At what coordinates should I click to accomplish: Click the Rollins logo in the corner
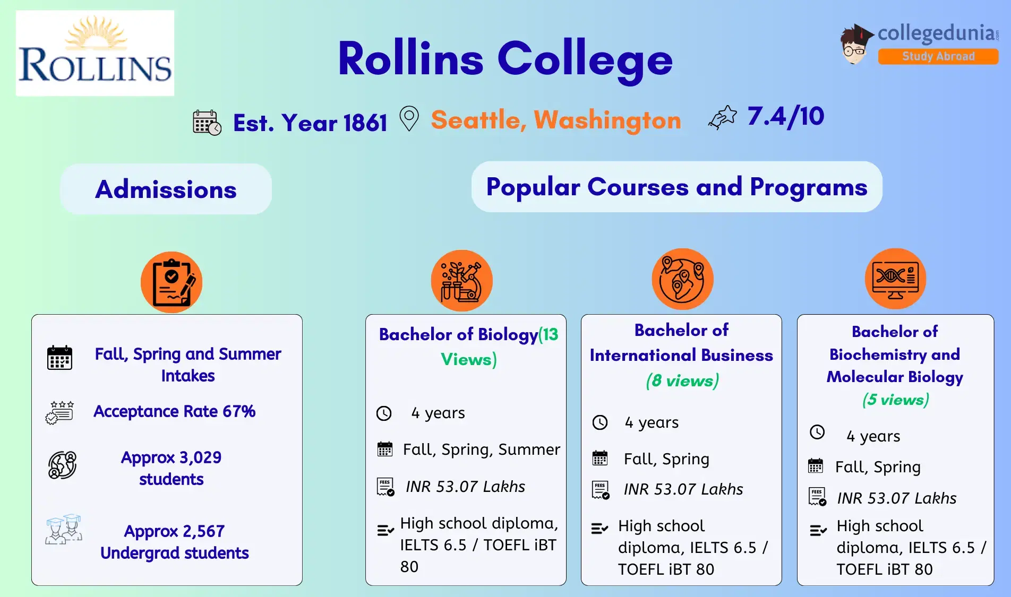click(x=95, y=53)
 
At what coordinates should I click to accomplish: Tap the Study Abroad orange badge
click(x=938, y=56)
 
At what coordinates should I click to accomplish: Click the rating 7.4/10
click(x=785, y=116)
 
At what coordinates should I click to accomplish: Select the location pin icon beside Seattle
click(x=409, y=118)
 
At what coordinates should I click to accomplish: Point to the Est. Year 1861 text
click(x=310, y=123)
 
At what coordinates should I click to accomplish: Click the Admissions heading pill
click(x=166, y=189)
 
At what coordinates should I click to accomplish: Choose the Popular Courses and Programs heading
click(x=676, y=187)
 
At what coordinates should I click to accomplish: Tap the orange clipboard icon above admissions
click(x=171, y=282)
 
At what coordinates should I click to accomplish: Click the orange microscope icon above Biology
click(x=461, y=280)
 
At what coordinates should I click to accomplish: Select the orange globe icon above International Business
click(x=682, y=279)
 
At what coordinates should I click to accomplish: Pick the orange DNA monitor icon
click(x=895, y=279)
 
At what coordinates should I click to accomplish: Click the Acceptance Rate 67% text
click(x=174, y=411)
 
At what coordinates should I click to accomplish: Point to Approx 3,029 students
click(x=171, y=468)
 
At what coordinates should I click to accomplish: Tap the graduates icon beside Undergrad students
click(x=64, y=529)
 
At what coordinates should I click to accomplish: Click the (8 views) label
click(x=682, y=380)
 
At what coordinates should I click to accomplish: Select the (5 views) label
click(x=895, y=399)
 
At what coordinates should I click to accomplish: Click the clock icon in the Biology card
click(x=384, y=413)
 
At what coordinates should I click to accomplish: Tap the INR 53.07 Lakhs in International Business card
click(x=683, y=489)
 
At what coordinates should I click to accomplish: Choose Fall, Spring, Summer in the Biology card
click(x=481, y=449)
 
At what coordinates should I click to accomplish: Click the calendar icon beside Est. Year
click(x=207, y=123)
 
